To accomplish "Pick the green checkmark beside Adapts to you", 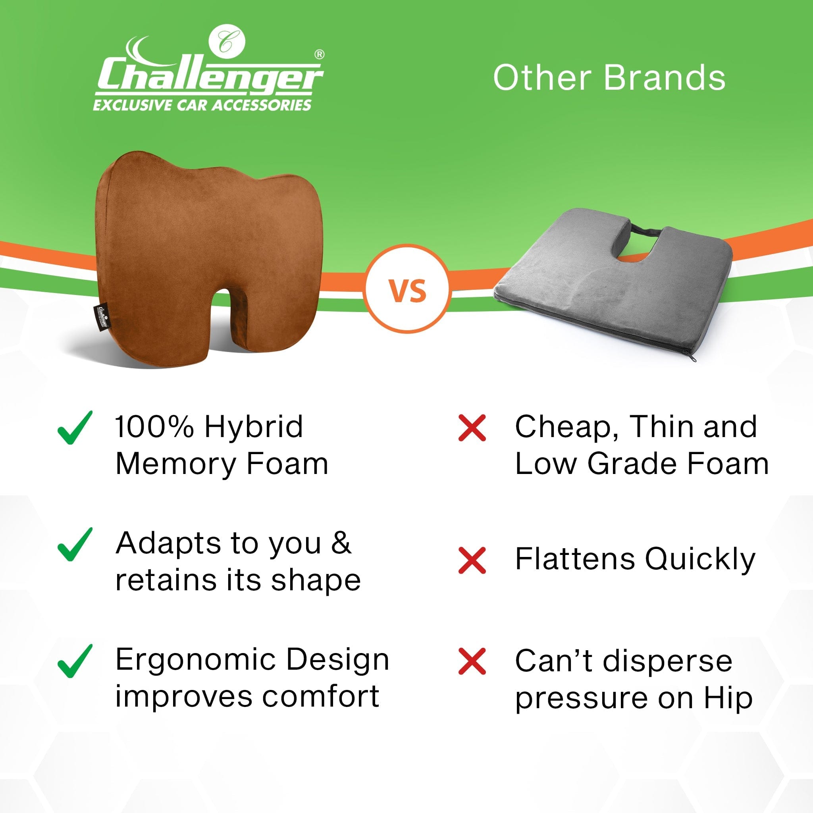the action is (x=75, y=545).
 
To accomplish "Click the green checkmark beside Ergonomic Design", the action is (x=75, y=661).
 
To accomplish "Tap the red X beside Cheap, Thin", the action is (x=472, y=428).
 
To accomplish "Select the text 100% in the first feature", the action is (x=154, y=427).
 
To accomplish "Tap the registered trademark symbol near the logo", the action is (x=320, y=54).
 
